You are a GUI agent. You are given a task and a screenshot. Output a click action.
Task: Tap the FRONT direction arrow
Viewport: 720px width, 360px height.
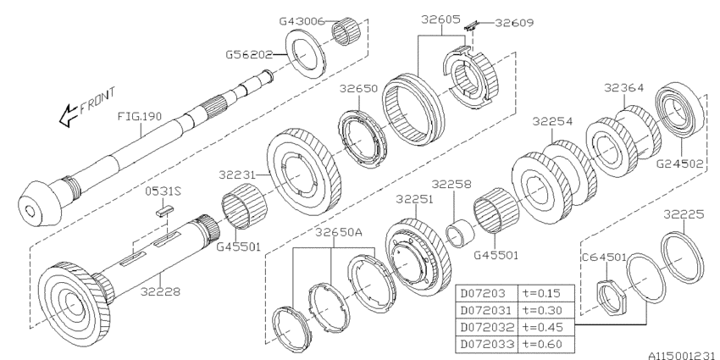(66, 119)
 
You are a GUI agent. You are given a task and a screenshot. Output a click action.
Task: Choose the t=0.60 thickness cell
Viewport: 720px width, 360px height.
(544, 342)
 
